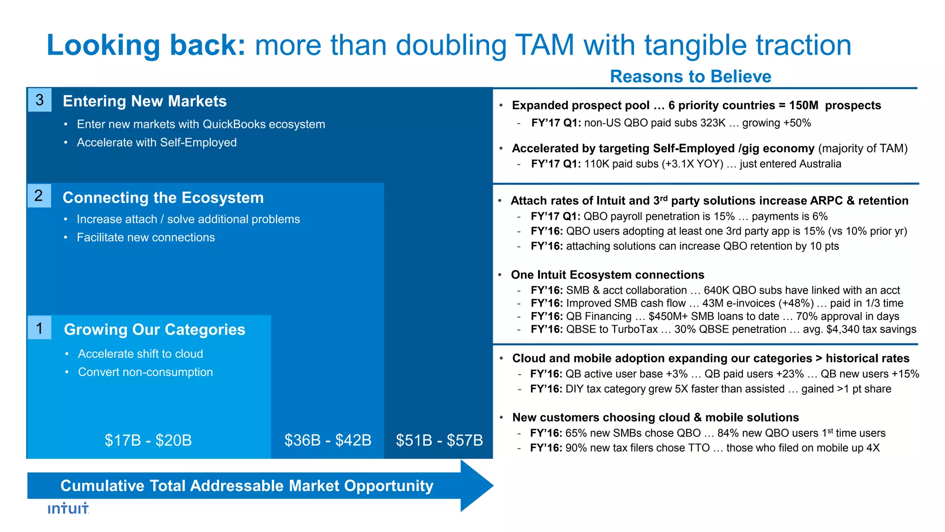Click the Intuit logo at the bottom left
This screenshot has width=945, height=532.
[68, 508]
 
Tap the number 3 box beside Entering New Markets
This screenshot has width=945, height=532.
[40, 100]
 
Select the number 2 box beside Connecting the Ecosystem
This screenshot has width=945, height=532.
[39, 195]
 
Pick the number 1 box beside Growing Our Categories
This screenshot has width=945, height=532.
[40, 328]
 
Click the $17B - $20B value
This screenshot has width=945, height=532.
[148, 440]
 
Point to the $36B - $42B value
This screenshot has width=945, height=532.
[328, 440]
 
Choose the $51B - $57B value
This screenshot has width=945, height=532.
[439, 440]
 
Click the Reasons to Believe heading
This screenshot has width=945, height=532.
[690, 76]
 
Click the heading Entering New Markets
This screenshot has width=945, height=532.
[144, 101]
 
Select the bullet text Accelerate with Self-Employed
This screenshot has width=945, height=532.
[156, 142]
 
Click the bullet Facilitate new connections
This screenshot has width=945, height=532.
[146, 237]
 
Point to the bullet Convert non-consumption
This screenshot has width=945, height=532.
[145, 372]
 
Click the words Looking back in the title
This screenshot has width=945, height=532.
[146, 45]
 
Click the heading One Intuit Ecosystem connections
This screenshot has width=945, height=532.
[607, 275]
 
